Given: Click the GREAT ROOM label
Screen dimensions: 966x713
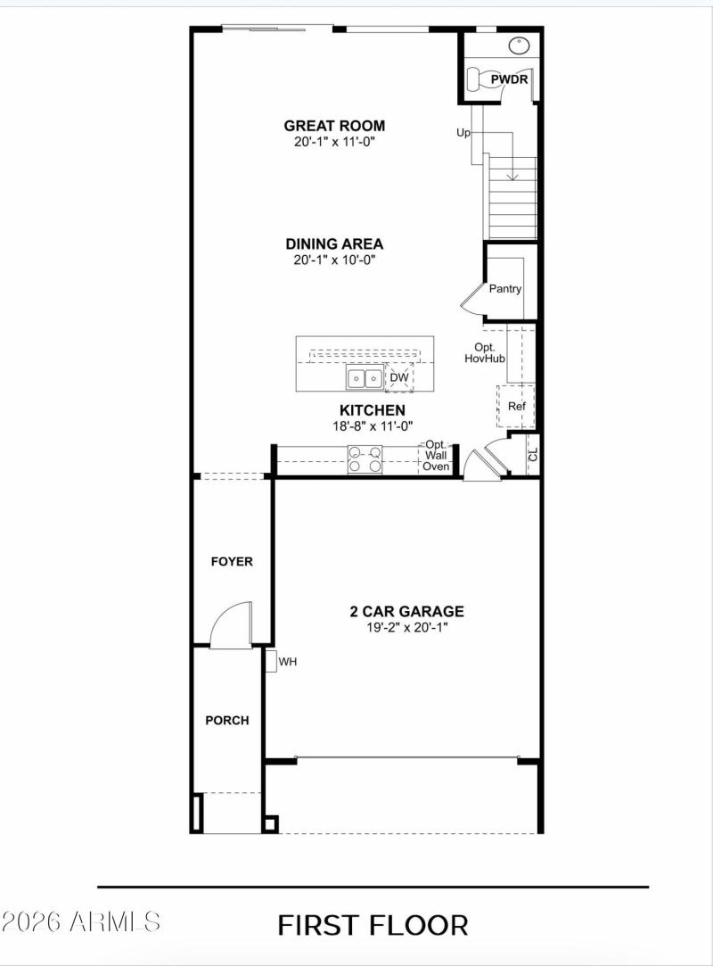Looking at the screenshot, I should [x=334, y=126].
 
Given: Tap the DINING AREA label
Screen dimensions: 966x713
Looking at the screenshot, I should [x=334, y=244].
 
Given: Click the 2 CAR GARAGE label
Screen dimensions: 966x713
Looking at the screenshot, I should [x=406, y=611].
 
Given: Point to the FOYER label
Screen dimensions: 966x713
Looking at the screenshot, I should [x=231, y=562].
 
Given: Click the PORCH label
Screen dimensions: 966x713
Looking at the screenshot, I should [x=227, y=720].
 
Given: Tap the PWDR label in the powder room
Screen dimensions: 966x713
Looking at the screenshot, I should [x=510, y=80].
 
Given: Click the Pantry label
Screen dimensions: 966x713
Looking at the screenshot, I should [x=505, y=289].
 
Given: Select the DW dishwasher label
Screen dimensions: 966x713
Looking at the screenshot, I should [x=399, y=378].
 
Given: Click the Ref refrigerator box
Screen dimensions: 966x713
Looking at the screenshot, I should [x=516, y=406].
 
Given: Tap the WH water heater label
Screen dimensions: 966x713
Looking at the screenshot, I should [x=288, y=662].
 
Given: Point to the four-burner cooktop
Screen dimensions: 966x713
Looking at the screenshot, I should [x=365, y=458].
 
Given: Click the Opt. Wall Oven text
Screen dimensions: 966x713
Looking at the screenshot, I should [x=436, y=455].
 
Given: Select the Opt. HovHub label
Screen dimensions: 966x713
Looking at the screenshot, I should [x=485, y=351].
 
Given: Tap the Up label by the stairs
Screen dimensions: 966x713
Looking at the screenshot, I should [x=463, y=133].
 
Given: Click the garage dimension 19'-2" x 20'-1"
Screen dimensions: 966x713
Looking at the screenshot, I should [x=406, y=627].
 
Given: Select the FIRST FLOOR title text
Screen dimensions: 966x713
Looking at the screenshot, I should [x=373, y=925].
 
